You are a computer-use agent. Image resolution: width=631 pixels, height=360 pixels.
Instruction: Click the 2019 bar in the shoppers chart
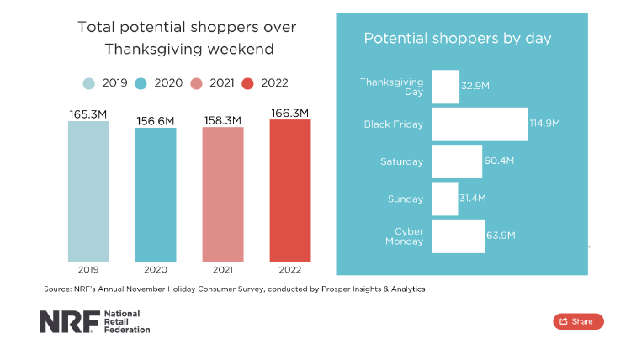[x=88, y=191]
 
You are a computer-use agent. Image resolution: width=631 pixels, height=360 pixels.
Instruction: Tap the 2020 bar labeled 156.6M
[x=156, y=194]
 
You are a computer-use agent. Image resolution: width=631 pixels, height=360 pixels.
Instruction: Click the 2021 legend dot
[x=196, y=82]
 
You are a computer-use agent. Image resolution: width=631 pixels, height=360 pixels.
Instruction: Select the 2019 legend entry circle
[x=89, y=82]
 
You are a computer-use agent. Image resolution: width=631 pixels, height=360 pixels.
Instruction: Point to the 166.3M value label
[x=290, y=113]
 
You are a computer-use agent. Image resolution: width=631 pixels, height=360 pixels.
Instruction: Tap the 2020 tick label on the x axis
[x=156, y=271]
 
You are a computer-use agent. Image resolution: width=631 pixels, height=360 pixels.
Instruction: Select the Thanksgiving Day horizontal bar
[x=445, y=87]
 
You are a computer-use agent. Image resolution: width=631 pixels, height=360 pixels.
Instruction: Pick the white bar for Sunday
[x=444, y=199]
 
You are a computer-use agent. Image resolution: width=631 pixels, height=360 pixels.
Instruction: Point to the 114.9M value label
[x=545, y=124]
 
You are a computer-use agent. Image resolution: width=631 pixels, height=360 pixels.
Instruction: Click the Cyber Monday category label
[x=404, y=236]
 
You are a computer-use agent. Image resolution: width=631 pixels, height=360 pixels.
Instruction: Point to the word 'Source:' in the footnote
[x=57, y=289]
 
